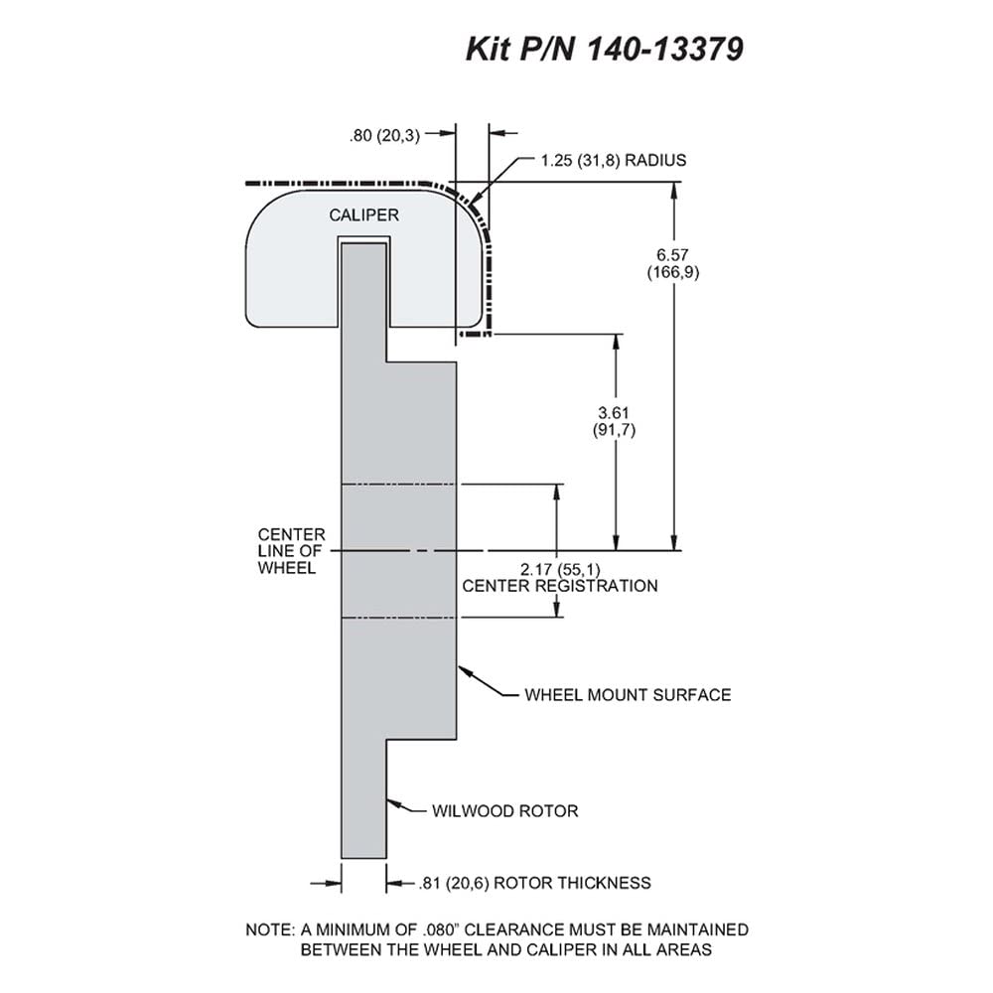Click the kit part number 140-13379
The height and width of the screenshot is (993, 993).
tap(665, 49)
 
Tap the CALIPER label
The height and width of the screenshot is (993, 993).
tap(363, 215)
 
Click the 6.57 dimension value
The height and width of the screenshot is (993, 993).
tap(672, 255)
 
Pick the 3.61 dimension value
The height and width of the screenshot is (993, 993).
tap(613, 413)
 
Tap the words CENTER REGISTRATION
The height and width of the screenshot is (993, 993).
tap(560, 586)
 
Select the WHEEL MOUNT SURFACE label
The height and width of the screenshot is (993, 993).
tap(628, 695)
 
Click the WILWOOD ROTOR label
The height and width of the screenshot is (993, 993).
tap(504, 811)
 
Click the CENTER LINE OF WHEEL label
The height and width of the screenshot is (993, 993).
tap(291, 551)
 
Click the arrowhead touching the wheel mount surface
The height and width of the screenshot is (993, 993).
tap(465, 670)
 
